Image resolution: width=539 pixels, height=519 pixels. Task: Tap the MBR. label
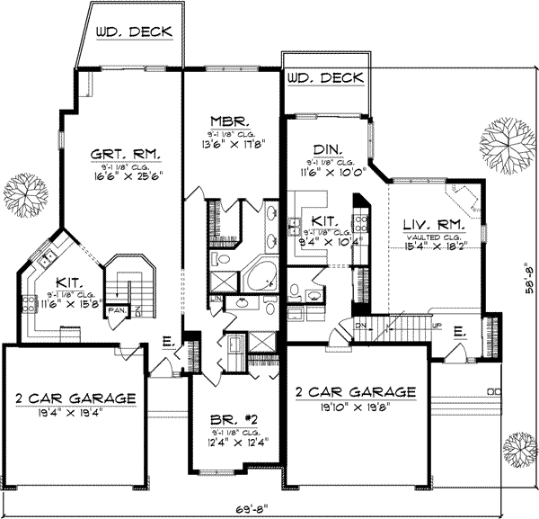click(230, 121)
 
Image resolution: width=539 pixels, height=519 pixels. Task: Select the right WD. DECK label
click(327, 78)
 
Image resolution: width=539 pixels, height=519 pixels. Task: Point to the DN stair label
click(361, 326)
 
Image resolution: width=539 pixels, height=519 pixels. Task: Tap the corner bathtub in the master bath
click(261, 274)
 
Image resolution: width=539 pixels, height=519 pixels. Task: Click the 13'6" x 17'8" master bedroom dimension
click(230, 141)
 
